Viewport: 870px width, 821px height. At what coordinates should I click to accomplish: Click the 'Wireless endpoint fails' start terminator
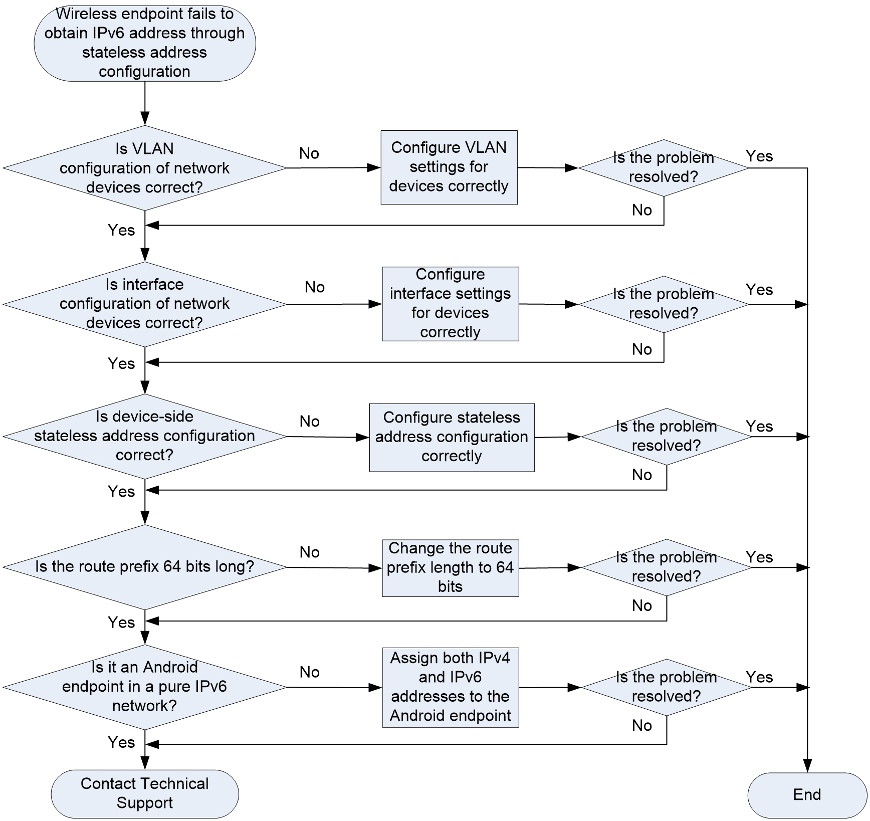click(145, 43)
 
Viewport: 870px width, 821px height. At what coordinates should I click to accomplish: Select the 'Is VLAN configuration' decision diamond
click(145, 168)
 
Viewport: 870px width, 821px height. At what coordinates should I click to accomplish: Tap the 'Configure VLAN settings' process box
click(449, 167)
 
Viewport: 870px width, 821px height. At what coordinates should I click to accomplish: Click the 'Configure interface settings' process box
click(451, 304)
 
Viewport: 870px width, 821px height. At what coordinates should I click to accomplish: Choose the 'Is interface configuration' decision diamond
click(145, 304)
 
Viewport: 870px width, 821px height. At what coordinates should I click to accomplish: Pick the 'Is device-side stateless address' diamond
click(145, 436)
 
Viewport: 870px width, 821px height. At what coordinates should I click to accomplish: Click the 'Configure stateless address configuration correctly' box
click(452, 437)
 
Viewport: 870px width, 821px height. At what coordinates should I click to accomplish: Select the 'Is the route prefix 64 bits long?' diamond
click(145, 567)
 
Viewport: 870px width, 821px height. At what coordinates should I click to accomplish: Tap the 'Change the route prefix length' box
click(451, 568)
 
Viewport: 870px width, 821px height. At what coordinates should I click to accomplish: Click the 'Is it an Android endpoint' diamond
click(145, 687)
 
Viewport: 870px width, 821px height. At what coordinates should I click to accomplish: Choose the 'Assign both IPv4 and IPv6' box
click(451, 687)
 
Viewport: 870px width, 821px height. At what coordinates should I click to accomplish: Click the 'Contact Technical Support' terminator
click(145, 794)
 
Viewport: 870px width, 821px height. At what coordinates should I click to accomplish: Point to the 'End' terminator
click(807, 795)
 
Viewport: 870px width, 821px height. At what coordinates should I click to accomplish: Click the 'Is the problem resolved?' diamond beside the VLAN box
click(664, 168)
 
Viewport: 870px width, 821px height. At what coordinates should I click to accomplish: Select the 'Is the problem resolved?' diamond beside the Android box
click(666, 687)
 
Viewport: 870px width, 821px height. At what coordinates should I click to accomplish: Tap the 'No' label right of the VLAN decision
click(309, 153)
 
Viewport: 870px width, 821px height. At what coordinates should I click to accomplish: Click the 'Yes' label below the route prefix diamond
click(121, 622)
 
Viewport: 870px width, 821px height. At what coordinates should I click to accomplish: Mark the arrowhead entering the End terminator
click(807, 766)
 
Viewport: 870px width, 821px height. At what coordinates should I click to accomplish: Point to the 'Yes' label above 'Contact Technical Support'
click(121, 742)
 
